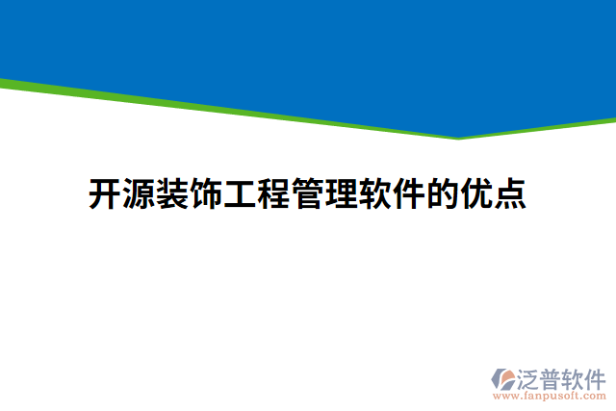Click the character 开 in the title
105,193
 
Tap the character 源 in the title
139,193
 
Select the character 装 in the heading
172,193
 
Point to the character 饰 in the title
206,193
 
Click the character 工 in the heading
240,193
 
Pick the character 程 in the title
273,193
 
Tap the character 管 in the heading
307,193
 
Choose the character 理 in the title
341,193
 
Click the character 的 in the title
442,193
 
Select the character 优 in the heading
475,193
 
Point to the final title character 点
509,193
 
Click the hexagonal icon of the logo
503,378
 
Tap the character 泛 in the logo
529,377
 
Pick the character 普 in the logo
552,377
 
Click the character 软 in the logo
575,377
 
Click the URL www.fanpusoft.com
549,396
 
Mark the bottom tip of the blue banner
459,137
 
